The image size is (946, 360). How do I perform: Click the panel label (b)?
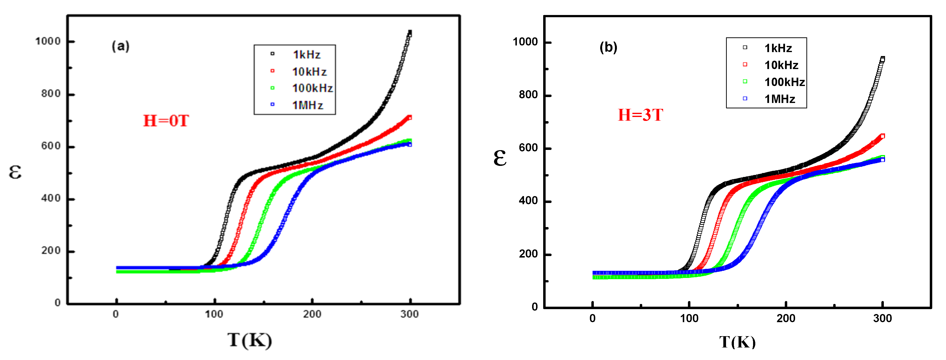[608, 47]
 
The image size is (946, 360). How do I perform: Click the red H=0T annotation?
[166, 121]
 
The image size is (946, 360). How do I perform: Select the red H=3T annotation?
[640, 115]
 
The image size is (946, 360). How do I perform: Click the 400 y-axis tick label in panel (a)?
[51, 198]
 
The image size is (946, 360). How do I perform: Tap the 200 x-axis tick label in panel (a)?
[312, 314]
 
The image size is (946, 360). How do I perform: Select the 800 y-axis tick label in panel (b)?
[528, 95]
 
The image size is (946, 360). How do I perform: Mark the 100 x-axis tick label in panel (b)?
[689, 318]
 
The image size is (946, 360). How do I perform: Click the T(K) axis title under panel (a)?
[250, 340]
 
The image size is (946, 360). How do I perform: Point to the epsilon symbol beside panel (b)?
[500, 158]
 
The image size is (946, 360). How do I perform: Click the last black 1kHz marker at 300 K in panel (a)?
[410, 33]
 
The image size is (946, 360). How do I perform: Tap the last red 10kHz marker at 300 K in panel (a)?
[410, 117]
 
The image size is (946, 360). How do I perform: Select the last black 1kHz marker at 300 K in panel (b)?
[883, 59]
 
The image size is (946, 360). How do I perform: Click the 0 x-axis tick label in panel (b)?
[592, 318]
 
